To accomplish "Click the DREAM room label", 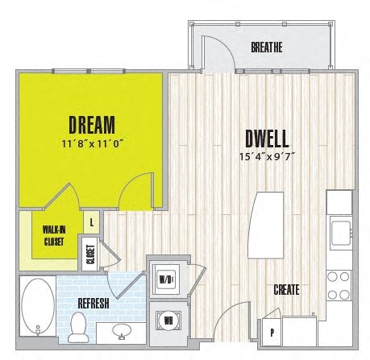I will coord(91,125).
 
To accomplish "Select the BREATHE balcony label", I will coord(266,48).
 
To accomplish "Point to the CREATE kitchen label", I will coord(287,289).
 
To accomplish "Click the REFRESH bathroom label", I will coord(94,302).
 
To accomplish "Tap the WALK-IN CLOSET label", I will coord(54,234).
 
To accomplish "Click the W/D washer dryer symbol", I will coord(166,279).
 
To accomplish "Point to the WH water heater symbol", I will coord(168,319).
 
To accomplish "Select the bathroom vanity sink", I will coord(123,331).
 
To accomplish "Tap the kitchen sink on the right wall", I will coord(340,230).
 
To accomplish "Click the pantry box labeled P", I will coord(272,331).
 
